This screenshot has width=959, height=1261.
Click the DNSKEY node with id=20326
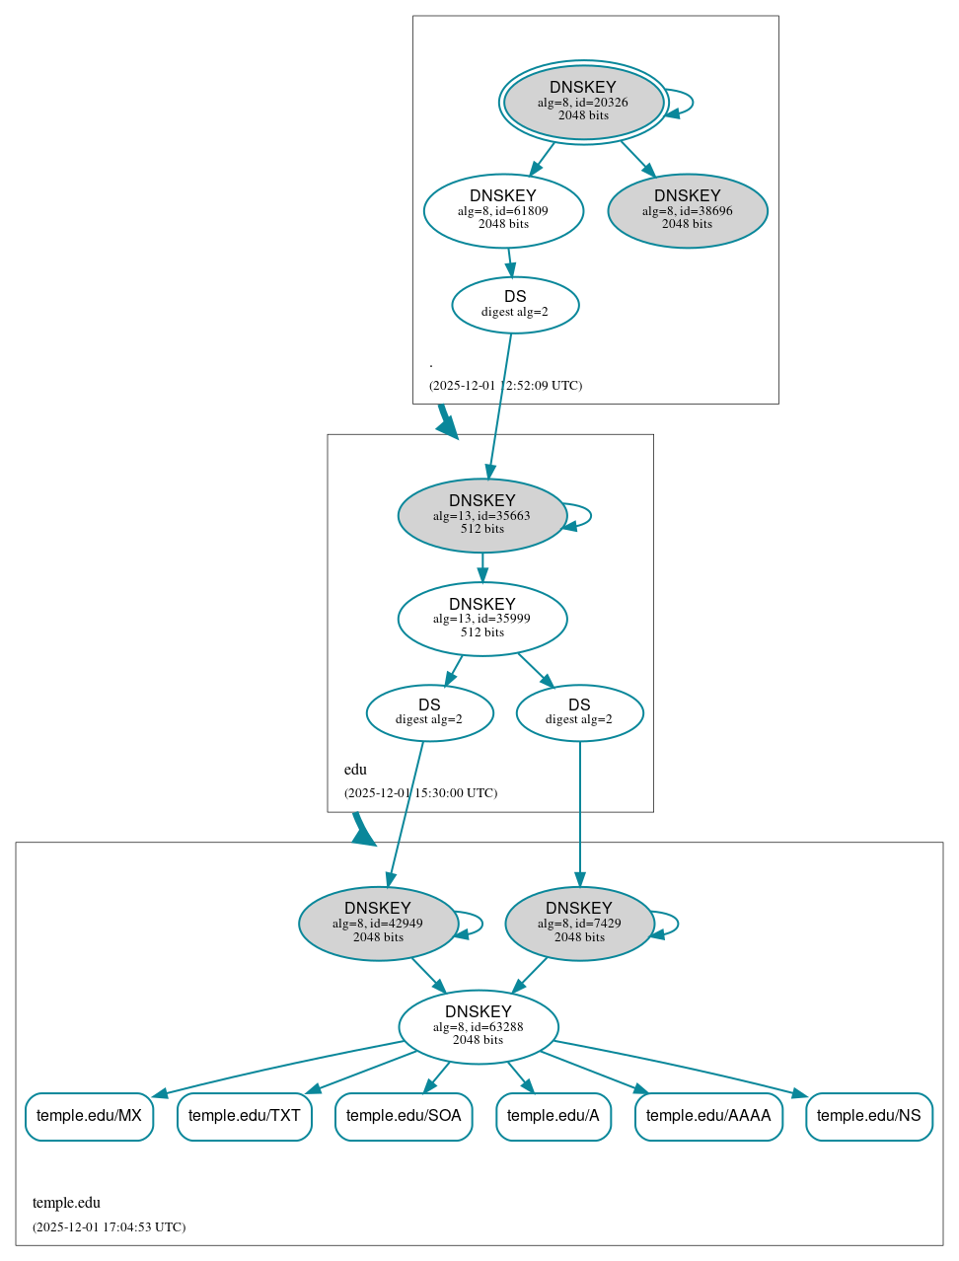[x=583, y=102]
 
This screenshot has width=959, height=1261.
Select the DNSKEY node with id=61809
[x=503, y=210]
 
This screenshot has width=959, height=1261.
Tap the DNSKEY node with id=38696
[x=688, y=210]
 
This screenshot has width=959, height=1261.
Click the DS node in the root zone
[x=515, y=305]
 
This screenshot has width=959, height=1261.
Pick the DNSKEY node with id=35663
[x=481, y=515]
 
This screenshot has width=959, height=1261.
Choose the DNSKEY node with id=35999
[x=481, y=619]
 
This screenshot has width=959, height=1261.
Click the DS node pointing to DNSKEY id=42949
[x=429, y=712]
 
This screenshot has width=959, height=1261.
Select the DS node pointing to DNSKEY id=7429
[x=579, y=712]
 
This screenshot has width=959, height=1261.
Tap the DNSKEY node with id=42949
[x=378, y=924]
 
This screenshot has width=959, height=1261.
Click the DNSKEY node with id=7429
[x=579, y=924]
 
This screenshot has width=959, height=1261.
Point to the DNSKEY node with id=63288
[x=478, y=1027]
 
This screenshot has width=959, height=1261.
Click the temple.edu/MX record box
[x=89, y=1116]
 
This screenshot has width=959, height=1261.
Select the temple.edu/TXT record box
[x=244, y=1116]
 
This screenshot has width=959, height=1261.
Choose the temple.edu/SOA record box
[x=404, y=1116]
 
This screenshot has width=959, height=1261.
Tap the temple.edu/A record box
[x=553, y=1116]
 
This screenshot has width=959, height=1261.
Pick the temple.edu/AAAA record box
[x=708, y=1116]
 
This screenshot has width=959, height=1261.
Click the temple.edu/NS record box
[x=868, y=1116]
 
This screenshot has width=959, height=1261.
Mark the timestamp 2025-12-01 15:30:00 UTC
[x=420, y=793]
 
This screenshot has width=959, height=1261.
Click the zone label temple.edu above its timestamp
[x=66, y=1203]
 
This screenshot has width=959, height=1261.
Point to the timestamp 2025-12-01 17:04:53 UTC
[x=109, y=1227]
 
